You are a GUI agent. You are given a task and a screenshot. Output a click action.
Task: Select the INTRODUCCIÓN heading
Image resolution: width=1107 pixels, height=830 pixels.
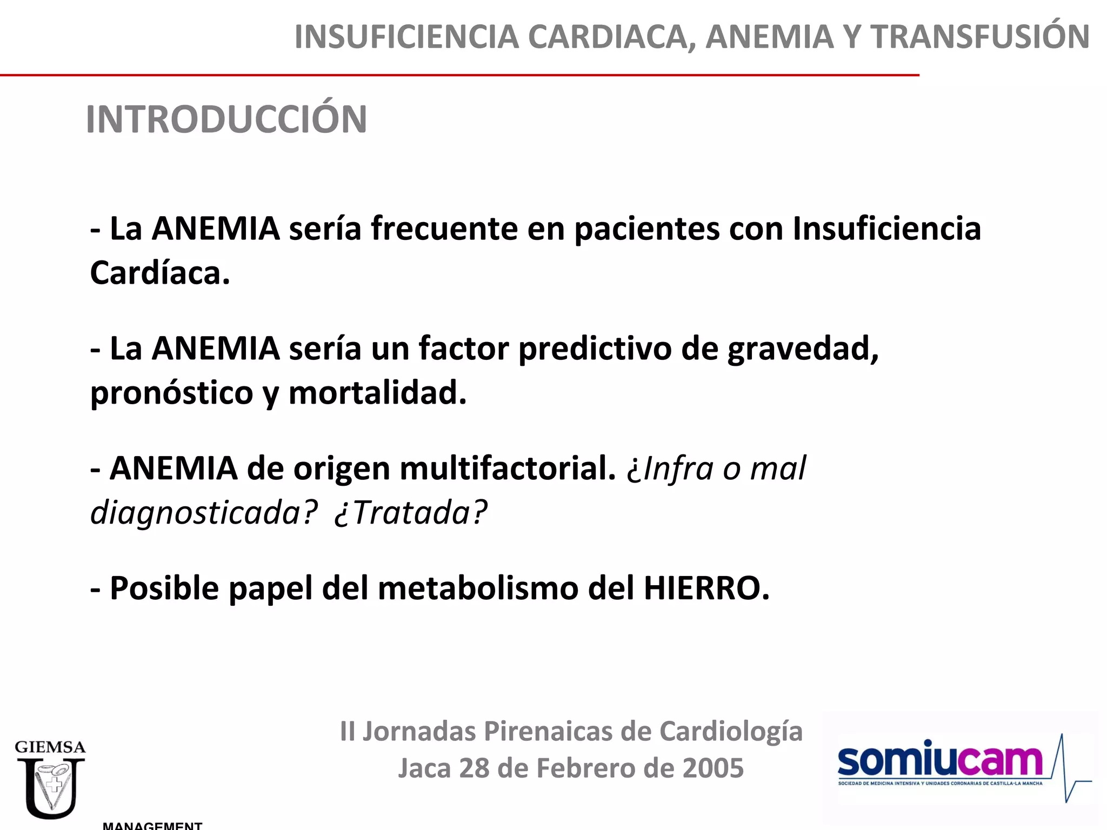point(226,119)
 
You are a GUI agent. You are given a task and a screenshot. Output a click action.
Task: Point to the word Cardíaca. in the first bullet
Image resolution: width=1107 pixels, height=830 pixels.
point(160,273)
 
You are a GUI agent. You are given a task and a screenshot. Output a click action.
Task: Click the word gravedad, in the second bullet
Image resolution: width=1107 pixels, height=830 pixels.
point(803,349)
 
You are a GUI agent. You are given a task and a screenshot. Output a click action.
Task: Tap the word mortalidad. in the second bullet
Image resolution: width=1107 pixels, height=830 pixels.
point(377,393)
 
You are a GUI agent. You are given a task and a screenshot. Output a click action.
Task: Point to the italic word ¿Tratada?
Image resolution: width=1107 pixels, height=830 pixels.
point(411,513)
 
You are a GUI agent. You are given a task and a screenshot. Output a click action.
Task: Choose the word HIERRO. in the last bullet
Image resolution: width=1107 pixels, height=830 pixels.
point(706,588)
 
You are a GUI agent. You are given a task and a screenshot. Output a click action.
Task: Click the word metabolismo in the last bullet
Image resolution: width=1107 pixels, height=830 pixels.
point(478,588)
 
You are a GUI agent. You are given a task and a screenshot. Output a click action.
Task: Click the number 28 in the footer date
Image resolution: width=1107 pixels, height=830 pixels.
point(474,768)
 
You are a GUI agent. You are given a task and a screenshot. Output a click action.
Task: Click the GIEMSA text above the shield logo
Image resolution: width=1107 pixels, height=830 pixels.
point(50,747)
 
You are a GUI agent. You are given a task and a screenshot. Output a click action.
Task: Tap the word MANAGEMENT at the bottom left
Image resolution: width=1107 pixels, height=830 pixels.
point(152,825)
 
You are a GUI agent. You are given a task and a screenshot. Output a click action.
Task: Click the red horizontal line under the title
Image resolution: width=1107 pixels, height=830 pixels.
point(459,75)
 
